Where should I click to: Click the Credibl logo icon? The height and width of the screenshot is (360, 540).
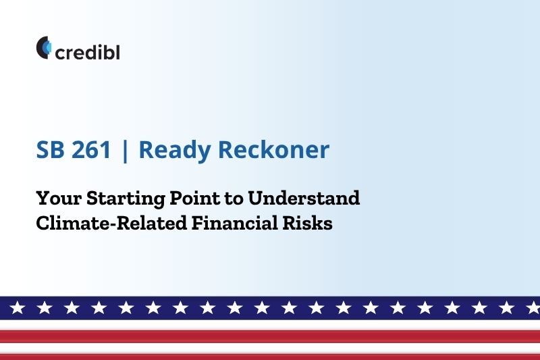point(44,47)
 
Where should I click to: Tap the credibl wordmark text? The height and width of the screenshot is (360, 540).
point(88,53)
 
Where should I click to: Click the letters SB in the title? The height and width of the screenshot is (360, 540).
point(50,149)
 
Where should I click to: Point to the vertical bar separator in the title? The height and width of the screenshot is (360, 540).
point(125,150)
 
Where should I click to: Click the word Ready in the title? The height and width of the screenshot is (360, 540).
point(175,151)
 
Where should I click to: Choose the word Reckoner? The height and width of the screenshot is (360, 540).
point(274,149)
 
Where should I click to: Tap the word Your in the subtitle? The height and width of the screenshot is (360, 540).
point(59,198)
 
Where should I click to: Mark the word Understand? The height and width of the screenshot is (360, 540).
point(304,198)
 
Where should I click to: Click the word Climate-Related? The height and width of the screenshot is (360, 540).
point(111,223)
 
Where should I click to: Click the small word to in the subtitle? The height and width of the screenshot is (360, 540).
point(234,199)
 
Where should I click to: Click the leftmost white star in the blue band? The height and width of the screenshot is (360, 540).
point(18,307)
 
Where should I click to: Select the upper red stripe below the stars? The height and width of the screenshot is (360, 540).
point(270,336)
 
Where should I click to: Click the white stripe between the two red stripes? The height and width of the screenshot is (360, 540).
point(270,348)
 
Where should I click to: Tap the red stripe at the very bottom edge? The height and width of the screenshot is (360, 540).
point(270,357)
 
